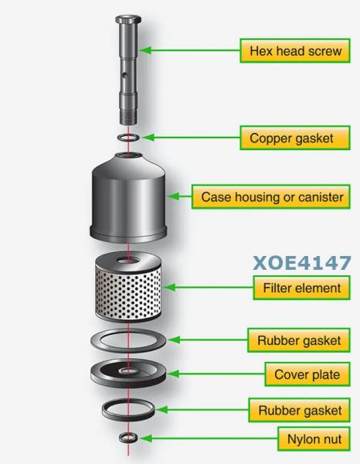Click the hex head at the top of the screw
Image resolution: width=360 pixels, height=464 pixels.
128,20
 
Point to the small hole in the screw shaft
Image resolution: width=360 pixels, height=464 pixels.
125,76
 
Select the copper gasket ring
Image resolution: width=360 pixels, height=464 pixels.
128,138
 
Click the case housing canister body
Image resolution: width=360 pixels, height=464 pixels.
128,198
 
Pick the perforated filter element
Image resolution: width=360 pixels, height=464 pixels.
128,287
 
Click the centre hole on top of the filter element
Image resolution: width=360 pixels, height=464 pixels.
128,261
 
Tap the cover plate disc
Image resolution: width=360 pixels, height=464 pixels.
128,374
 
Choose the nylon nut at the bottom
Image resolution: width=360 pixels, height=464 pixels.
128,438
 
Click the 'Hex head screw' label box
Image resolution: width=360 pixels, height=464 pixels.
295,50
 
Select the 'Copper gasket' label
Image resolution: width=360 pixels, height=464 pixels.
295,138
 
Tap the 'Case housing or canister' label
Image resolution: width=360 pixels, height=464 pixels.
271,196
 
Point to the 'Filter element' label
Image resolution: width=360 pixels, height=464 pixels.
302,288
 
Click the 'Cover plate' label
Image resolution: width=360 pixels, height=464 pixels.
307,374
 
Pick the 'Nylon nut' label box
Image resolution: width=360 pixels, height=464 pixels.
314,438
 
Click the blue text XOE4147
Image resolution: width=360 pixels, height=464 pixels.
302,263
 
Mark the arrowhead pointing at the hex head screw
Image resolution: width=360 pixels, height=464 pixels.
144,50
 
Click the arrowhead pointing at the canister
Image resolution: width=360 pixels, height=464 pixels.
173,196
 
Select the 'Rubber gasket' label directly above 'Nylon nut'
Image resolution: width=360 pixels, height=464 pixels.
300,410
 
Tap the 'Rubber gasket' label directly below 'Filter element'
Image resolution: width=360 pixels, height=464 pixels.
299,340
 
